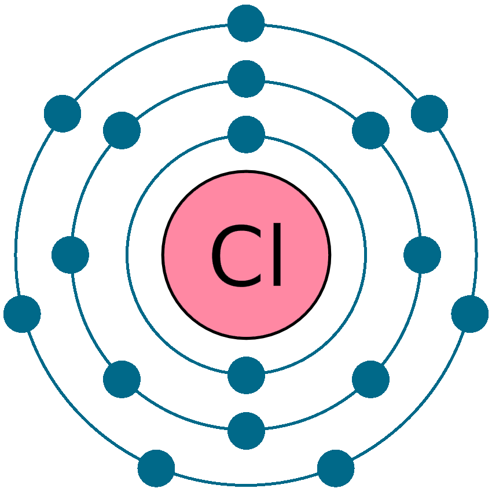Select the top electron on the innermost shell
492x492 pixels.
tap(246, 134)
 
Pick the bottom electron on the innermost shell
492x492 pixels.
tap(246, 375)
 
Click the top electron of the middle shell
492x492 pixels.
tap(246, 79)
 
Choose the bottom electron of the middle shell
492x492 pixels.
tap(246, 431)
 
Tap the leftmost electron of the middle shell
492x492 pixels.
tap(70, 255)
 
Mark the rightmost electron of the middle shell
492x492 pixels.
tap(422, 255)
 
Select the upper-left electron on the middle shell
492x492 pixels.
tap(122, 130)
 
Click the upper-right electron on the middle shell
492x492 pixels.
tap(370, 130)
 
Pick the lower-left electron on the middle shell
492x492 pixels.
tap(122, 379)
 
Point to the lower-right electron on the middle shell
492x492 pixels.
tap(370, 379)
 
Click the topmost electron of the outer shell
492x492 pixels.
tap(246, 23)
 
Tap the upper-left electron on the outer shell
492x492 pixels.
tap(63, 113)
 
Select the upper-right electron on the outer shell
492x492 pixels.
tap(429, 113)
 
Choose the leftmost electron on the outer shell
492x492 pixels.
tap(22, 314)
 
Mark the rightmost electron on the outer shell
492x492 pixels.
tap(470, 314)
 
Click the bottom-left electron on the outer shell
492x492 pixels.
tap(156, 468)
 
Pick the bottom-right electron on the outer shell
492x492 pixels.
tap(336, 468)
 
